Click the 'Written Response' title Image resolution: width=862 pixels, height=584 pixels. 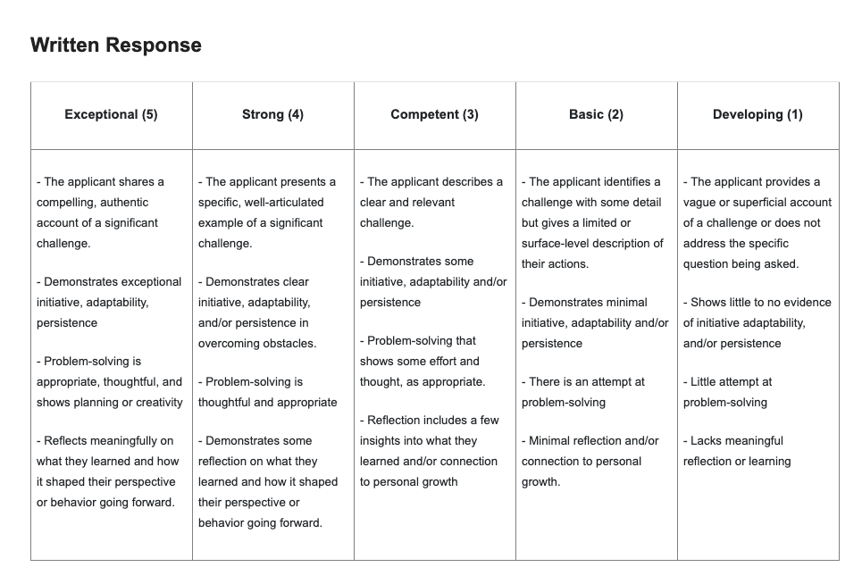click(x=116, y=46)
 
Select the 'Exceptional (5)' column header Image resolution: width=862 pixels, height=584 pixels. click(x=111, y=114)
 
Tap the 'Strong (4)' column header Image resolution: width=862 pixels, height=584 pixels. click(x=272, y=114)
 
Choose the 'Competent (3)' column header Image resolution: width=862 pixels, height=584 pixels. click(x=434, y=114)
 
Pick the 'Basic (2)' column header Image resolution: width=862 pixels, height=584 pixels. click(x=596, y=114)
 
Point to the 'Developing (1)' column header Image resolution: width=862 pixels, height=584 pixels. click(x=757, y=114)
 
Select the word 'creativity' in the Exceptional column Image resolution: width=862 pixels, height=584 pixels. click(x=155, y=403)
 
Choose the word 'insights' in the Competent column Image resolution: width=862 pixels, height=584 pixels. click(x=382, y=441)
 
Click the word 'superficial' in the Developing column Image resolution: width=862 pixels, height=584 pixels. click(x=764, y=203)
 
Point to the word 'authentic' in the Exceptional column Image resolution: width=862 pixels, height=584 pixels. click(x=124, y=203)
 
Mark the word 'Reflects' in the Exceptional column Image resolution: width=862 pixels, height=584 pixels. click(x=68, y=441)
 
